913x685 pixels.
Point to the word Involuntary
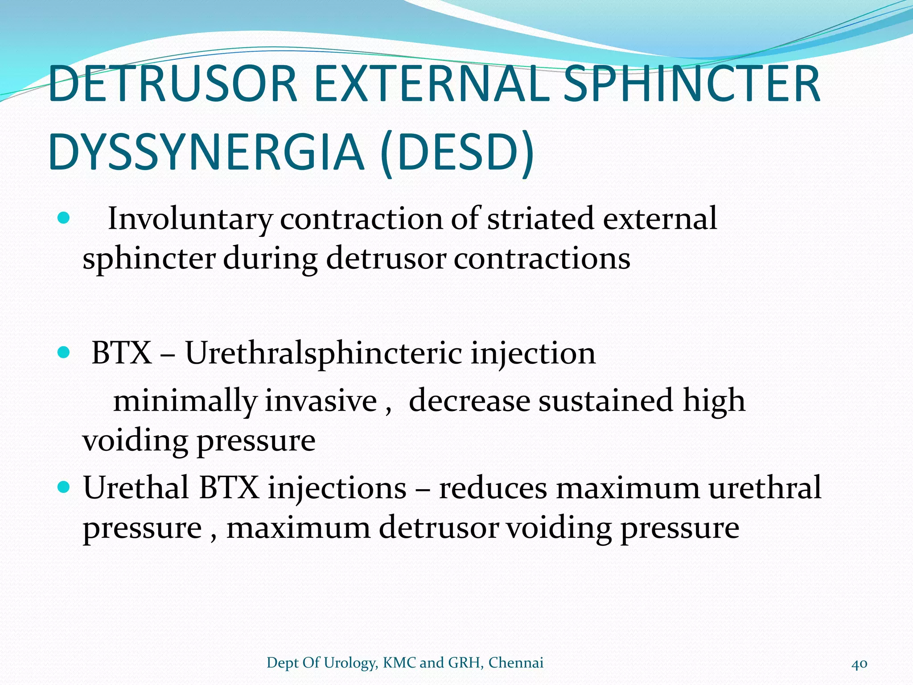(x=190, y=219)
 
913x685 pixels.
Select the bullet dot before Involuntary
(x=64, y=219)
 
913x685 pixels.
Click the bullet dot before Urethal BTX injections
(x=64, y=487)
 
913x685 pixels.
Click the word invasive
(x=321, y=400)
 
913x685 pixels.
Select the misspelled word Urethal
(x=136, y=487)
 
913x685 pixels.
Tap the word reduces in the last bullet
(x=493, y=488)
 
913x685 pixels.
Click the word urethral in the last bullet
(x=765, y=487)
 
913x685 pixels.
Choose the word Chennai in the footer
(x=516, y=663)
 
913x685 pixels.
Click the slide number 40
(x=859, y=664)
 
